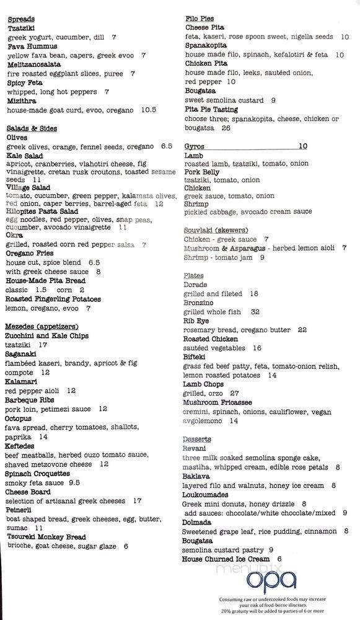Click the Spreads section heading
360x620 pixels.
point(21,19)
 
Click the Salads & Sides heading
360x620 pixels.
point(32,128)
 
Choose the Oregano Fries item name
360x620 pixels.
point(31,254)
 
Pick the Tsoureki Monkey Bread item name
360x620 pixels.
point(45,537)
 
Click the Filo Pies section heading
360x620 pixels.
point(200,19)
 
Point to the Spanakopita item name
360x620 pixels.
point(207,46)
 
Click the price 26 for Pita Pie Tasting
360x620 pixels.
point(226,128)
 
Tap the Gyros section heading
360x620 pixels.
point(195,146)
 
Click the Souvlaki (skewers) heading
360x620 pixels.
point(216,230)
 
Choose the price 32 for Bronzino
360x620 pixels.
point(255,312)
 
